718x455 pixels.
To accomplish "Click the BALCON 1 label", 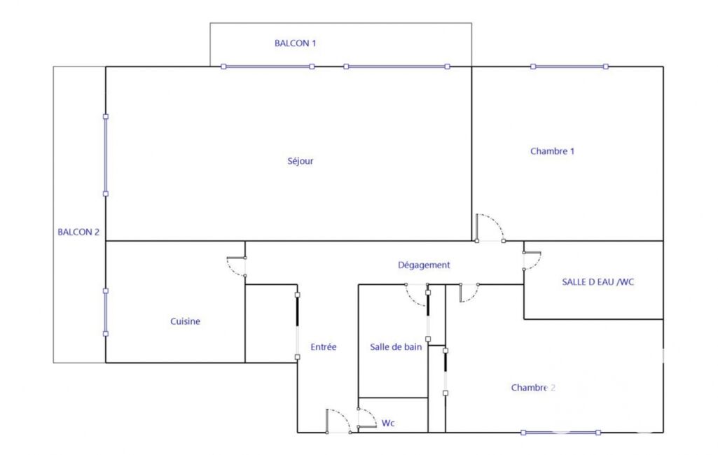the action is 295,43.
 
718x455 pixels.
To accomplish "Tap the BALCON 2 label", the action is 78,232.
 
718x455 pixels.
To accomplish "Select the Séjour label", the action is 301,161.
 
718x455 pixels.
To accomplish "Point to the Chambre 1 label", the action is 552,151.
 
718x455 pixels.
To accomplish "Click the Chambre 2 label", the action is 533,388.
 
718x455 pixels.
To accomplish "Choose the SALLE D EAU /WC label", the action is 598,282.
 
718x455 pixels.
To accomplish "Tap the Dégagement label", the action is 424,265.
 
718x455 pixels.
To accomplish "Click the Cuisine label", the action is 185,321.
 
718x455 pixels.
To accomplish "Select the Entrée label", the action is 324,347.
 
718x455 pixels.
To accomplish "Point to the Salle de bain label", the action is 396,347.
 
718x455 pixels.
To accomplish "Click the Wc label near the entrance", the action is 388,423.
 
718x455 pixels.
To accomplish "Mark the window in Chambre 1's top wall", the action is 569,66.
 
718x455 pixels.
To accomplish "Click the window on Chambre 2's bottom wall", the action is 560,433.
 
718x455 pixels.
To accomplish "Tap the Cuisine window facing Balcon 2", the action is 106,312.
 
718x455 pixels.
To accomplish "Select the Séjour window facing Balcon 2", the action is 106,155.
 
